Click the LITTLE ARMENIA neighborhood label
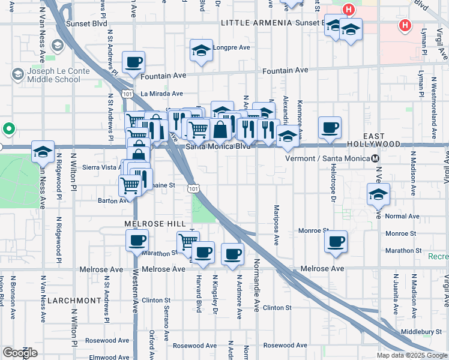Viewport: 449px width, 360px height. tap(249, 23)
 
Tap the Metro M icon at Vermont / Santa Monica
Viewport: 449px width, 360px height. tap(375, 158)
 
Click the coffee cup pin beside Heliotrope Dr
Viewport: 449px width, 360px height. tap(330, 128)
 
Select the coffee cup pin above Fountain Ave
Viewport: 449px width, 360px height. tap(133, 62)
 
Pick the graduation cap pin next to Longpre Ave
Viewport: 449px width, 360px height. tap(201, 50)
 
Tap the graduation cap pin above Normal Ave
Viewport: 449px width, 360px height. tap(378, 194)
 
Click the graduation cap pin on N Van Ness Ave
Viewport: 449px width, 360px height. tap(43, 152)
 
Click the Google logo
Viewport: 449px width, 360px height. tap(20, 353)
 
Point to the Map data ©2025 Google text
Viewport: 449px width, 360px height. tap(411, 355)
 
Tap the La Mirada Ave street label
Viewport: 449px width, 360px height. tap(162, 94)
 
